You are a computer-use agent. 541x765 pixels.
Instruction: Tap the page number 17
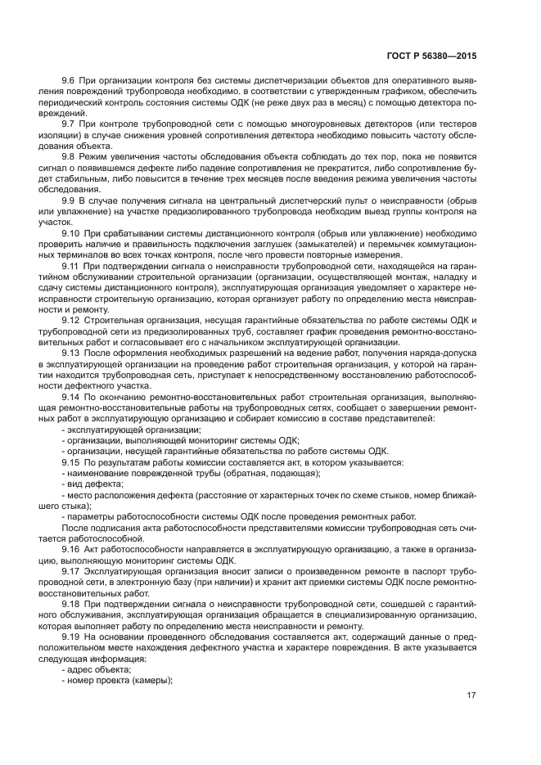point(471,695)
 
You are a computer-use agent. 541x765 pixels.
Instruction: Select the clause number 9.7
point(70,122)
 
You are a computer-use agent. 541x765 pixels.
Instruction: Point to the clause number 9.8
point(70,155)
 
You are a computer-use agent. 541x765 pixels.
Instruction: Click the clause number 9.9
point(70,200)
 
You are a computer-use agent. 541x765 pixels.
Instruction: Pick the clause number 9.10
point(72,232)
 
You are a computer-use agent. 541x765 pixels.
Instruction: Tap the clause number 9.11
point(72,266)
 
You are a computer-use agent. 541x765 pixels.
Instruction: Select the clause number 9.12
point(72,320)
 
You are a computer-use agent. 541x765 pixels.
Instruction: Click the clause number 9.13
point(72,353)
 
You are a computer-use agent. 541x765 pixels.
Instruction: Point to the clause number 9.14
point(72,397)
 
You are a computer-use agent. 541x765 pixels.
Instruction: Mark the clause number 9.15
point(72,462)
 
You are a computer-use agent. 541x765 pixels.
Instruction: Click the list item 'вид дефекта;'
point(90,484)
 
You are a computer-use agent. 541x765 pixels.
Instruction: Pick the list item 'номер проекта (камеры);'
point(119,680)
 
